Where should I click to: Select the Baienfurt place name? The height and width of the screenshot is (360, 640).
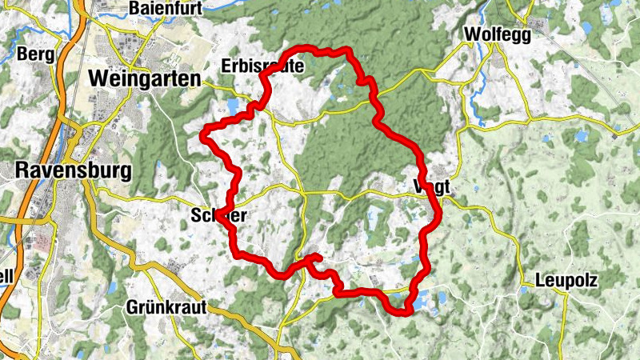162,10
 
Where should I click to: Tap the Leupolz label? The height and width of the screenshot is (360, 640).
566,282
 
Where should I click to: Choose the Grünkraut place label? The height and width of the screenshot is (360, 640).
166,306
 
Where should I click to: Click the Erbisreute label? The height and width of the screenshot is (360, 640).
263,66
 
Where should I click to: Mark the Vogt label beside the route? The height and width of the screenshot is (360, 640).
433,186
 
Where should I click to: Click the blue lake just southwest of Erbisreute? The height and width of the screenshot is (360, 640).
233,106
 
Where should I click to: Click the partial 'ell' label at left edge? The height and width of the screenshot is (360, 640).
6,278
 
